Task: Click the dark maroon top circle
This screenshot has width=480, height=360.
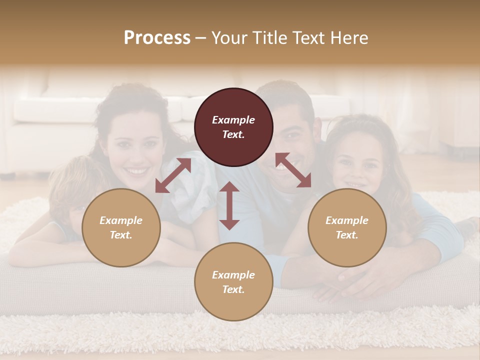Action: click(x=233, y=127)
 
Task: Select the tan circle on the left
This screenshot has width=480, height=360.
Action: click(x=121, y=227)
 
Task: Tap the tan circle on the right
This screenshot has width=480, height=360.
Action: click(x=347, y=227)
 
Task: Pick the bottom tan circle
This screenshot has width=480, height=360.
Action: click(x=233, y=282)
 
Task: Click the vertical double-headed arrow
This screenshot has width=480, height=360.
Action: click(x=229, y=205)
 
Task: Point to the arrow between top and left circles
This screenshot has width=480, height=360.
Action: click(x=173, y=175)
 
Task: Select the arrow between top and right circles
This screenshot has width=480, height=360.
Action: click(x=293, y=170)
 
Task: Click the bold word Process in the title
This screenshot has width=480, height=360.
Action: click(x=157, y=38)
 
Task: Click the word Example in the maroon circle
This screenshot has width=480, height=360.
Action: click(x=233, y=120)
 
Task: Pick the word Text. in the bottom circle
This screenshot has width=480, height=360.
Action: click(x=233, y=289)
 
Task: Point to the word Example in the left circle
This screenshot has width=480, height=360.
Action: click(x=121, y=220)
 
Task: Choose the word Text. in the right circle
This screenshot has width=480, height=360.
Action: click(x=347, y=235)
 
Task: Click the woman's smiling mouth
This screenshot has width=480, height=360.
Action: click(x=136, y=171)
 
